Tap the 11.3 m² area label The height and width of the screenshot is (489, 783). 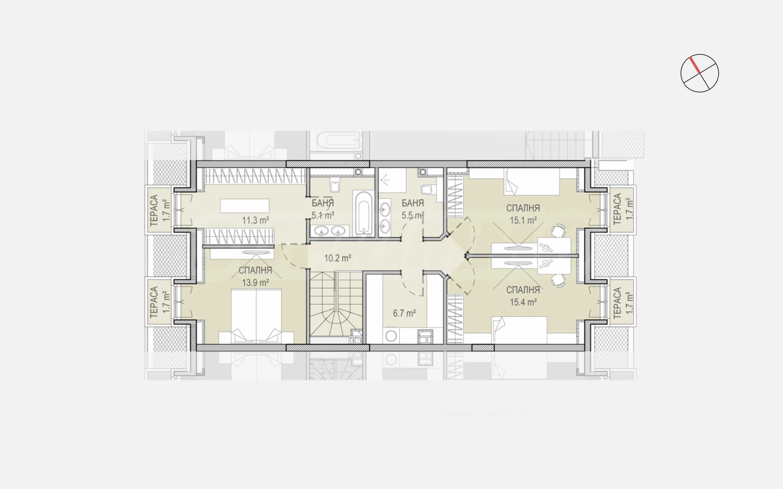click(256, 220)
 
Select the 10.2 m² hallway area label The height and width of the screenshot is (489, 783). click(337, 258)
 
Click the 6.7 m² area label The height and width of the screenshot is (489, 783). click(404, 313)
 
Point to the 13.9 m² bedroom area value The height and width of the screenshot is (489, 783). click(256, 282)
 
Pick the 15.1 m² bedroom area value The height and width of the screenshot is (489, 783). click(523, 220)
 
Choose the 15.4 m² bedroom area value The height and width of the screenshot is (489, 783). click(523, 302)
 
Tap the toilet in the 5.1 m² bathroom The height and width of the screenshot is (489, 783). click(335, 185)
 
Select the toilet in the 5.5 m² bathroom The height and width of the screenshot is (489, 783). click(428, 189)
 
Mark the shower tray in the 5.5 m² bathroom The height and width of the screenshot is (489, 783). click(392, 180)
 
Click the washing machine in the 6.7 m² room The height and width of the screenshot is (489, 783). click(391, 336)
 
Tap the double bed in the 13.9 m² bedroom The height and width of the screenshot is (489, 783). click(256, 316)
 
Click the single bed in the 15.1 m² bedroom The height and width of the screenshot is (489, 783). click(532, 182)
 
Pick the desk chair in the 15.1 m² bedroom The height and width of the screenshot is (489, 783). click(558, 231)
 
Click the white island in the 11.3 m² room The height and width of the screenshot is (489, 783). click(245, 206)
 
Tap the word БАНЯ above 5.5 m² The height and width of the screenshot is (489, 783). click(413, 203)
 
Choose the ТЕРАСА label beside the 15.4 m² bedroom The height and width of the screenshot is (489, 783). click(617, 302)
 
